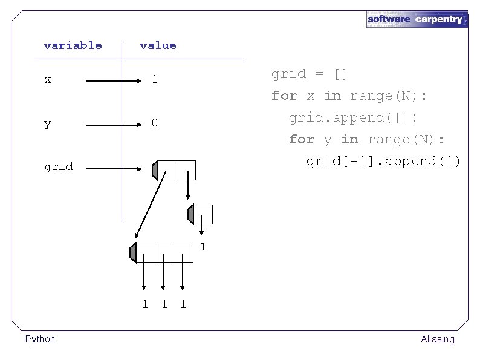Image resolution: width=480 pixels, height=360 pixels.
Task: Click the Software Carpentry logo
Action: click(x=417, y=19)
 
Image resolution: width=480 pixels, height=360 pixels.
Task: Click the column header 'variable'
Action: click(x=73, y=45)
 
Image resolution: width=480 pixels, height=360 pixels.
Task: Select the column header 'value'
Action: click(x=158, y=45)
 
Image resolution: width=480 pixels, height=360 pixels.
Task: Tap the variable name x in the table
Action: click(x=48, y=79)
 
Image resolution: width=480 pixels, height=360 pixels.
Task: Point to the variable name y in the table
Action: click(x=48, y=123)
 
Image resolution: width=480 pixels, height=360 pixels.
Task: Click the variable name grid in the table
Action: click(x=59, y=166)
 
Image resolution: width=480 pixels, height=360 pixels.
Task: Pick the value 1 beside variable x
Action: click(x=155, y=79)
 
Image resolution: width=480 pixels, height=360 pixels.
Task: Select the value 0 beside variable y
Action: click(x=155, y=123)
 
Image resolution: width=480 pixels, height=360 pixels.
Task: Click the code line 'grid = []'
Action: click(x=309, y=74)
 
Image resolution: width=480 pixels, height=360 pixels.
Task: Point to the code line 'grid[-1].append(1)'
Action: click(x=383, y=161)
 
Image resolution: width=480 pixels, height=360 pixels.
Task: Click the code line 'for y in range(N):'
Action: click(x=366, y=139)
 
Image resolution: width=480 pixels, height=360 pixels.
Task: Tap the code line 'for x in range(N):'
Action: click(x=349, y=96)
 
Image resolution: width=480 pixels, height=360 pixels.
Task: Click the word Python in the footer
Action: click(x=40, y=339)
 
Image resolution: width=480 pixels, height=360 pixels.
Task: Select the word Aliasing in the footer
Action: click(x=437, y=339)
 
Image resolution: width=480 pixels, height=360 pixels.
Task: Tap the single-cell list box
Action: click(x=203, y=214)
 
